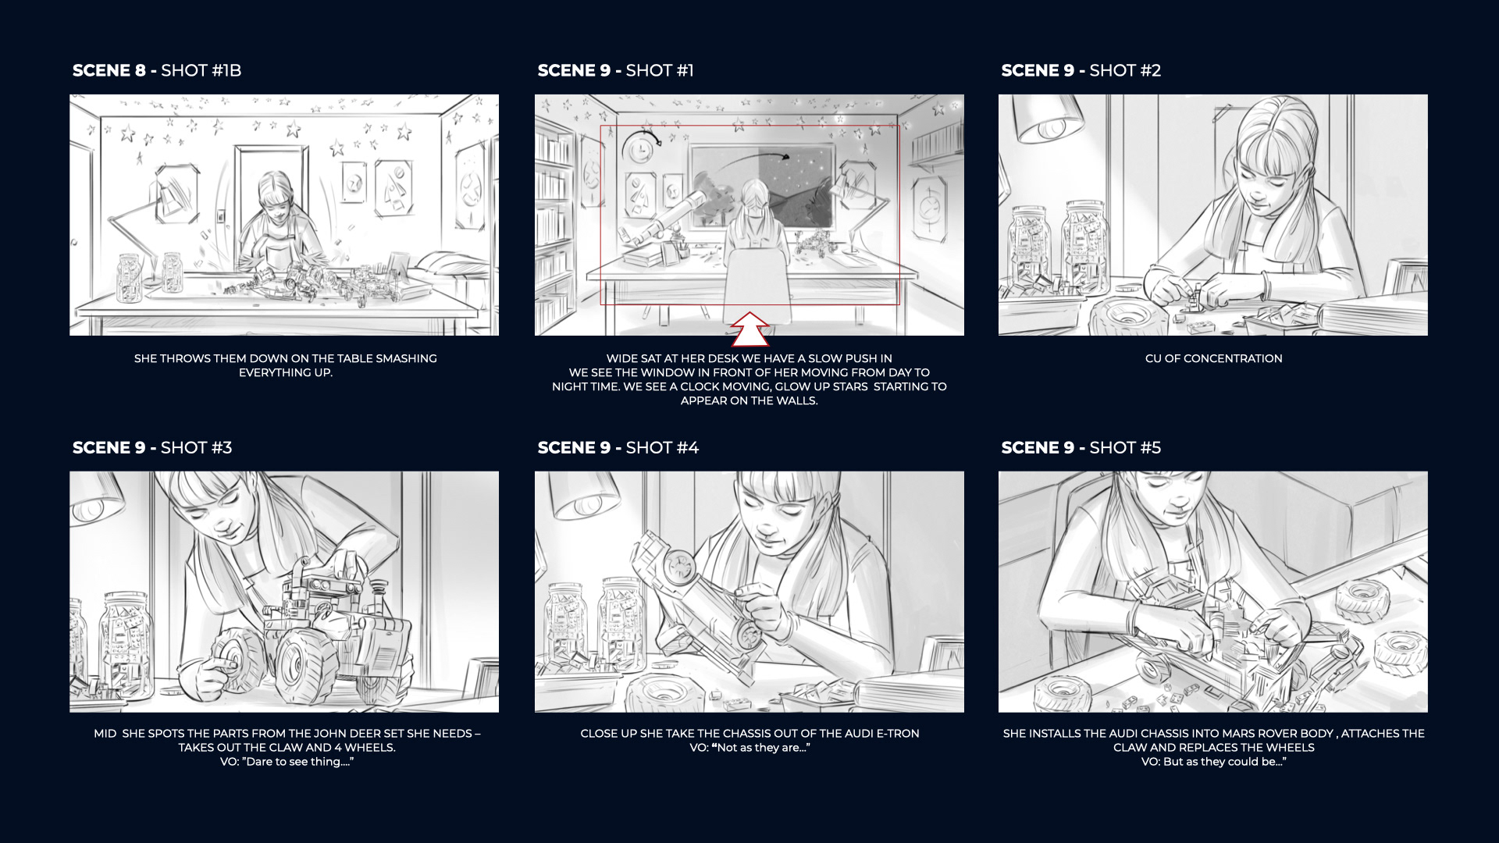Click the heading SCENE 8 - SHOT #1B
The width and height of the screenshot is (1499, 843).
(157, 70)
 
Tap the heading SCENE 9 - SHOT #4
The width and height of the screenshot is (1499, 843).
(618, 447)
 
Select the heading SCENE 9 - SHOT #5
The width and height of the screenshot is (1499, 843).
(1081, 447)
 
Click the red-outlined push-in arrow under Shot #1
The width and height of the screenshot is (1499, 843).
(749, 329)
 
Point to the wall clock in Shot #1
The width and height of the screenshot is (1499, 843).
(638, 146)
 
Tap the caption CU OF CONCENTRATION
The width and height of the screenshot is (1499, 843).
(1213, 358)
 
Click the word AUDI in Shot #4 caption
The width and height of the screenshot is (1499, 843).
(849, 734)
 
